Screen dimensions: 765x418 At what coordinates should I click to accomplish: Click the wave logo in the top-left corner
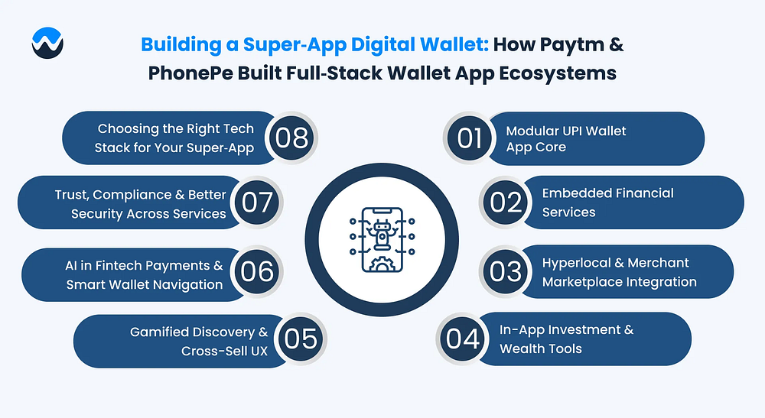pyautogui.click(x=47, y=43)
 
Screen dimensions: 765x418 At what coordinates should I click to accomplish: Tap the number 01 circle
pyautogui.click(x=470, y=138)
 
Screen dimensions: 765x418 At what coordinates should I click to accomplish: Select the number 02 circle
pyautogui.click(x=506, y=203)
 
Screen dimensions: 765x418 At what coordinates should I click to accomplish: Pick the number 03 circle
pyautogui.click(x=506, y=271)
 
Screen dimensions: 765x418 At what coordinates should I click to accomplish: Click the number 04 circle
pyautogui.click(x=463, y=339)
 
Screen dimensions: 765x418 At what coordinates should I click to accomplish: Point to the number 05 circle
pyautogui.click(x=301, y=339)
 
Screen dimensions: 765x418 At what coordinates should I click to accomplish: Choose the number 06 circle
pyautogui.click(x=257, y=271)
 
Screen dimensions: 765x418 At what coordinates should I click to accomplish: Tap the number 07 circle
pyautogui.click(x=257, y=203)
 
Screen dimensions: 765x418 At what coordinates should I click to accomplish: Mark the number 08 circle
pyautogui.click(x=291, y=138)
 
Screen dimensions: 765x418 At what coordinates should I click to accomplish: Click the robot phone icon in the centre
pyautogui.click(x=382, y=239)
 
